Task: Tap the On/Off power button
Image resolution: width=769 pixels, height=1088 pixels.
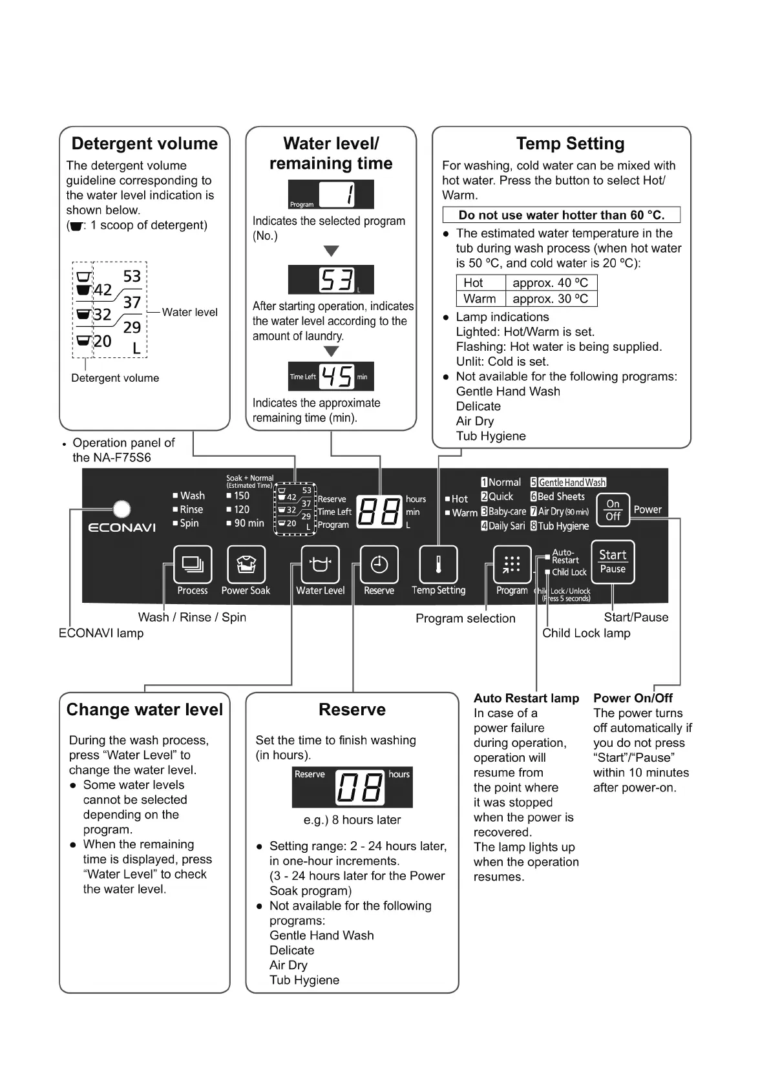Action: pyautogui.click(x=613, y=510)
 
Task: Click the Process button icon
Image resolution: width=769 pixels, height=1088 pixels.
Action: pyautogui.click(x=193, y=565)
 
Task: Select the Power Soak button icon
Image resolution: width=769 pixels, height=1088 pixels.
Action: pyautogui.click(x=246, y=565)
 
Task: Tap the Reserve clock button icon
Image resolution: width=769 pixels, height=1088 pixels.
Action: pyautogui.click(x=379, y=565)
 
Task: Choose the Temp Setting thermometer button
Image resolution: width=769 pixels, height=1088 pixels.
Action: pyautogui.click(x=438, y=565)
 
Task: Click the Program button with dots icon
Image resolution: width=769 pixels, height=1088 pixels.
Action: pyautogui.click(x=512, y=565)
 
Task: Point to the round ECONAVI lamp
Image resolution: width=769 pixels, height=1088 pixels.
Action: pyautogui.click(x=121, y=510)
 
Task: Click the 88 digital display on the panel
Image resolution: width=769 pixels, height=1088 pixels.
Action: pyautogui.click(x=379, y=512)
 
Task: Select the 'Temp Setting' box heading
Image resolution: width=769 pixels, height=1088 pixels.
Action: pyautogui.click(x=570, y=143)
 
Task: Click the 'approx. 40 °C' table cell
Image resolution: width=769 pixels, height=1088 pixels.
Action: pyautogui.click(x=551, y=283)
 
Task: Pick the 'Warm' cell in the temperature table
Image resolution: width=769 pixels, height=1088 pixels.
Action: pyautogui.click(x=479, y=299)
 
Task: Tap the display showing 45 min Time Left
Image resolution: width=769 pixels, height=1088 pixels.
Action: pyautogui.click(x=331, y=376)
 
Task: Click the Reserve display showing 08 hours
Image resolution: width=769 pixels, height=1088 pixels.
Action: pyautogui.click(x=352, y=788)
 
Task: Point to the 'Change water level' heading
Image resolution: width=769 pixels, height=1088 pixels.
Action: pyautogui.click(x=145, y=710)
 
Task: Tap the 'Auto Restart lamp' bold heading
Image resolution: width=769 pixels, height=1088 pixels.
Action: pyautogui.click(x=526, y=698)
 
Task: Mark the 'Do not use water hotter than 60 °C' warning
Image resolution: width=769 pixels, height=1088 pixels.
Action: pyautogui.click(x=561, y=215)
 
